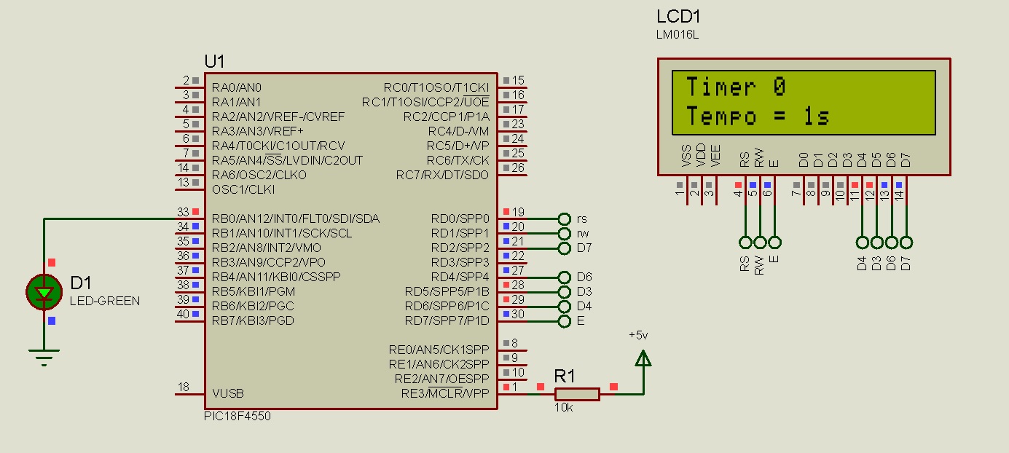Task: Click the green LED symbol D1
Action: tap(44, 292)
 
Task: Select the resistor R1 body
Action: tap(577, 394)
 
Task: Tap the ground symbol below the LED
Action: tap(44, 357)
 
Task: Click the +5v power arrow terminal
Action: tap(643, 358)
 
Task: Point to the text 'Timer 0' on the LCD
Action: tap(736, 87)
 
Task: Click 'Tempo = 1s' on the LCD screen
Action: tap(758, 117)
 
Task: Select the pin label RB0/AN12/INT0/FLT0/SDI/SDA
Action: tap(296, 218)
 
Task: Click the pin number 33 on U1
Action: tap(183, 212)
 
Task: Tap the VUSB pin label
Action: tap(228, 393)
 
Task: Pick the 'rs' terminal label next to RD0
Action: tap(581, 218)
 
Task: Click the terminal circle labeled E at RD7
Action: tap(564, 320)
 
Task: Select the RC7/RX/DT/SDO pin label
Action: tap(442, 175)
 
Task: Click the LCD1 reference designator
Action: tap(678, 17)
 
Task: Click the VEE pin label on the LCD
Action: tap(715, 157)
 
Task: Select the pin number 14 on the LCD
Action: tap(899, 194)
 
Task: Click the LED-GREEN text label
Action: tap(105, 301)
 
